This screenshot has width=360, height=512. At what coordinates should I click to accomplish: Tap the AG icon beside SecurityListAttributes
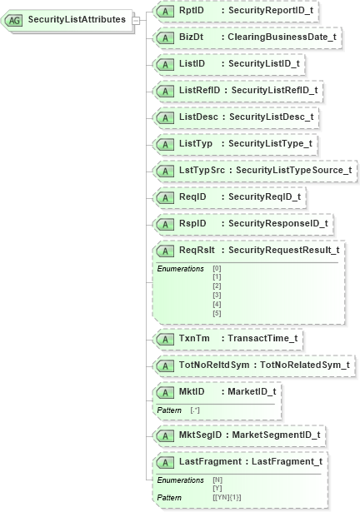tap(15, 18)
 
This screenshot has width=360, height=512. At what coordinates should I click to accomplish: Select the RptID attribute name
tap(191, 11)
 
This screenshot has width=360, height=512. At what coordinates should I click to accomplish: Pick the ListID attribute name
tap(192, 63)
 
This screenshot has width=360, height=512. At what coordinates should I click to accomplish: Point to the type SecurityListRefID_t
tap(273, 89)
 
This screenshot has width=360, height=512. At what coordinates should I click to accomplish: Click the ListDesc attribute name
tap(198, 116)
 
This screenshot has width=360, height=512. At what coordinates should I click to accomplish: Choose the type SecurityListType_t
tap(270, 143)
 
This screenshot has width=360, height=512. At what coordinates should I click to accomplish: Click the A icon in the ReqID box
tap(165, 196)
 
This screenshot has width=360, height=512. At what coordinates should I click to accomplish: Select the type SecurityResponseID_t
tap(279, 223)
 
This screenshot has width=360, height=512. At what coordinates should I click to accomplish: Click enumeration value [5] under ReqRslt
tap(217, 313)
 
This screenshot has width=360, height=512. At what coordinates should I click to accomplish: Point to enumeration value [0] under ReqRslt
tap(217, 268)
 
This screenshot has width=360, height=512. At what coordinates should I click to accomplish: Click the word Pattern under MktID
tap(170, 410)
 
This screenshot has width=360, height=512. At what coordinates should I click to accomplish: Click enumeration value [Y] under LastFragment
tap(217, 489)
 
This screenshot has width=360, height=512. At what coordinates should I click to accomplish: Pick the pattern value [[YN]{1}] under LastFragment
tap(227, 498)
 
